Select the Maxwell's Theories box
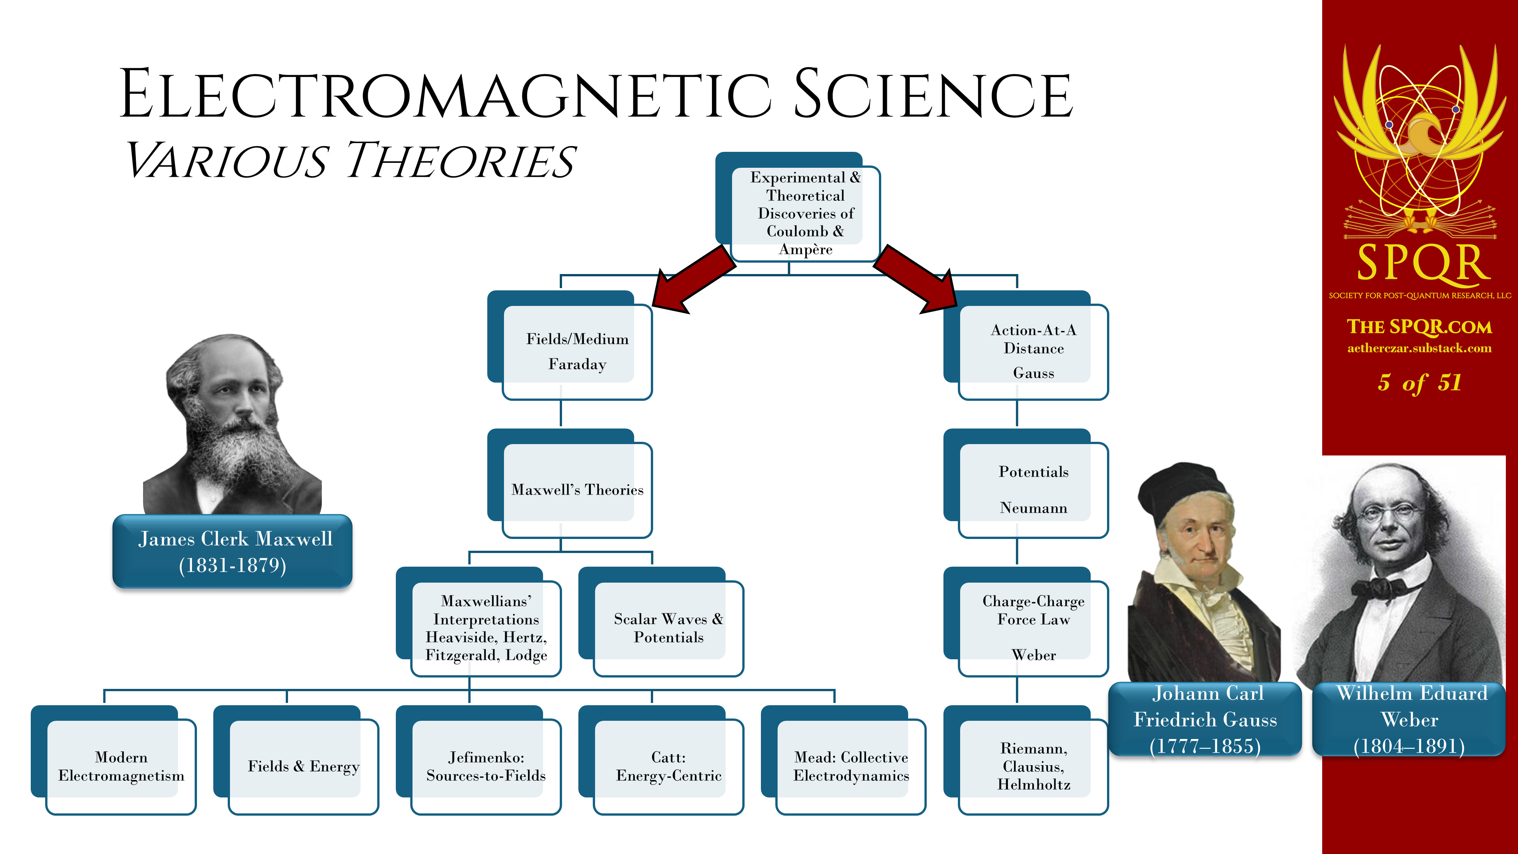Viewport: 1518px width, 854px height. [570, 483]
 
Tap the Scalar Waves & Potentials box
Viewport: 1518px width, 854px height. [661, 622]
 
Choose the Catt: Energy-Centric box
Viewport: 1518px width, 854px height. [661, 760]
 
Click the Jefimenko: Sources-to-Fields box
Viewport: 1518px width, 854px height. [479, 760]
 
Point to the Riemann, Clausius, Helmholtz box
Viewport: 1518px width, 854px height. [1026, 760]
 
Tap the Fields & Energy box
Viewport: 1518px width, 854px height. [296, 760]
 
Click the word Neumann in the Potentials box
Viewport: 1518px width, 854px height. [1034, 508]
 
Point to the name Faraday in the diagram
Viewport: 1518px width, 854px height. [578, 364]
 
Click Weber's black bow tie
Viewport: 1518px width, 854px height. [1382, 588]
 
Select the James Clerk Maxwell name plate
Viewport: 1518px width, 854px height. [233, 551]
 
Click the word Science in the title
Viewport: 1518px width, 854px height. [934, 94]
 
